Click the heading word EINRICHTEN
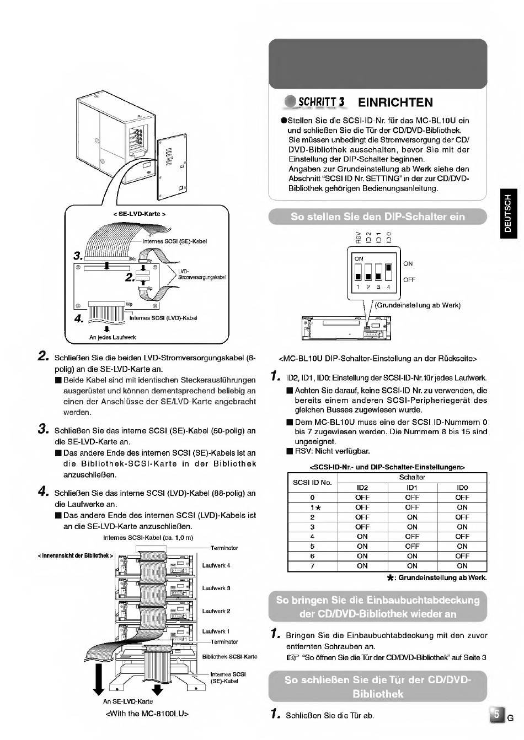(395, 102)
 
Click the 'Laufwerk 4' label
(216, 565)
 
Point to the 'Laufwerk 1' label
(216, 631)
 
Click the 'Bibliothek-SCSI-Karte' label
(230, 657)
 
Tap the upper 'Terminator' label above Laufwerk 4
(224, 548)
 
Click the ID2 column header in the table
(362, 488)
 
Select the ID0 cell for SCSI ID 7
(462, 566)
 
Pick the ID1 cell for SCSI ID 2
(412, 517)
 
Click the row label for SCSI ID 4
(312, 536)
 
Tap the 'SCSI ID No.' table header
(312, 482)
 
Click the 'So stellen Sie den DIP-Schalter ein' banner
(378, 217)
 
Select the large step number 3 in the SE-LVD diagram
(78, 256)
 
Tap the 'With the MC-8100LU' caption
(147, 713)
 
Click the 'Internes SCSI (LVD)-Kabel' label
(163, 318)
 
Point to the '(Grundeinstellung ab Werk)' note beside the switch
(418, 305)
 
